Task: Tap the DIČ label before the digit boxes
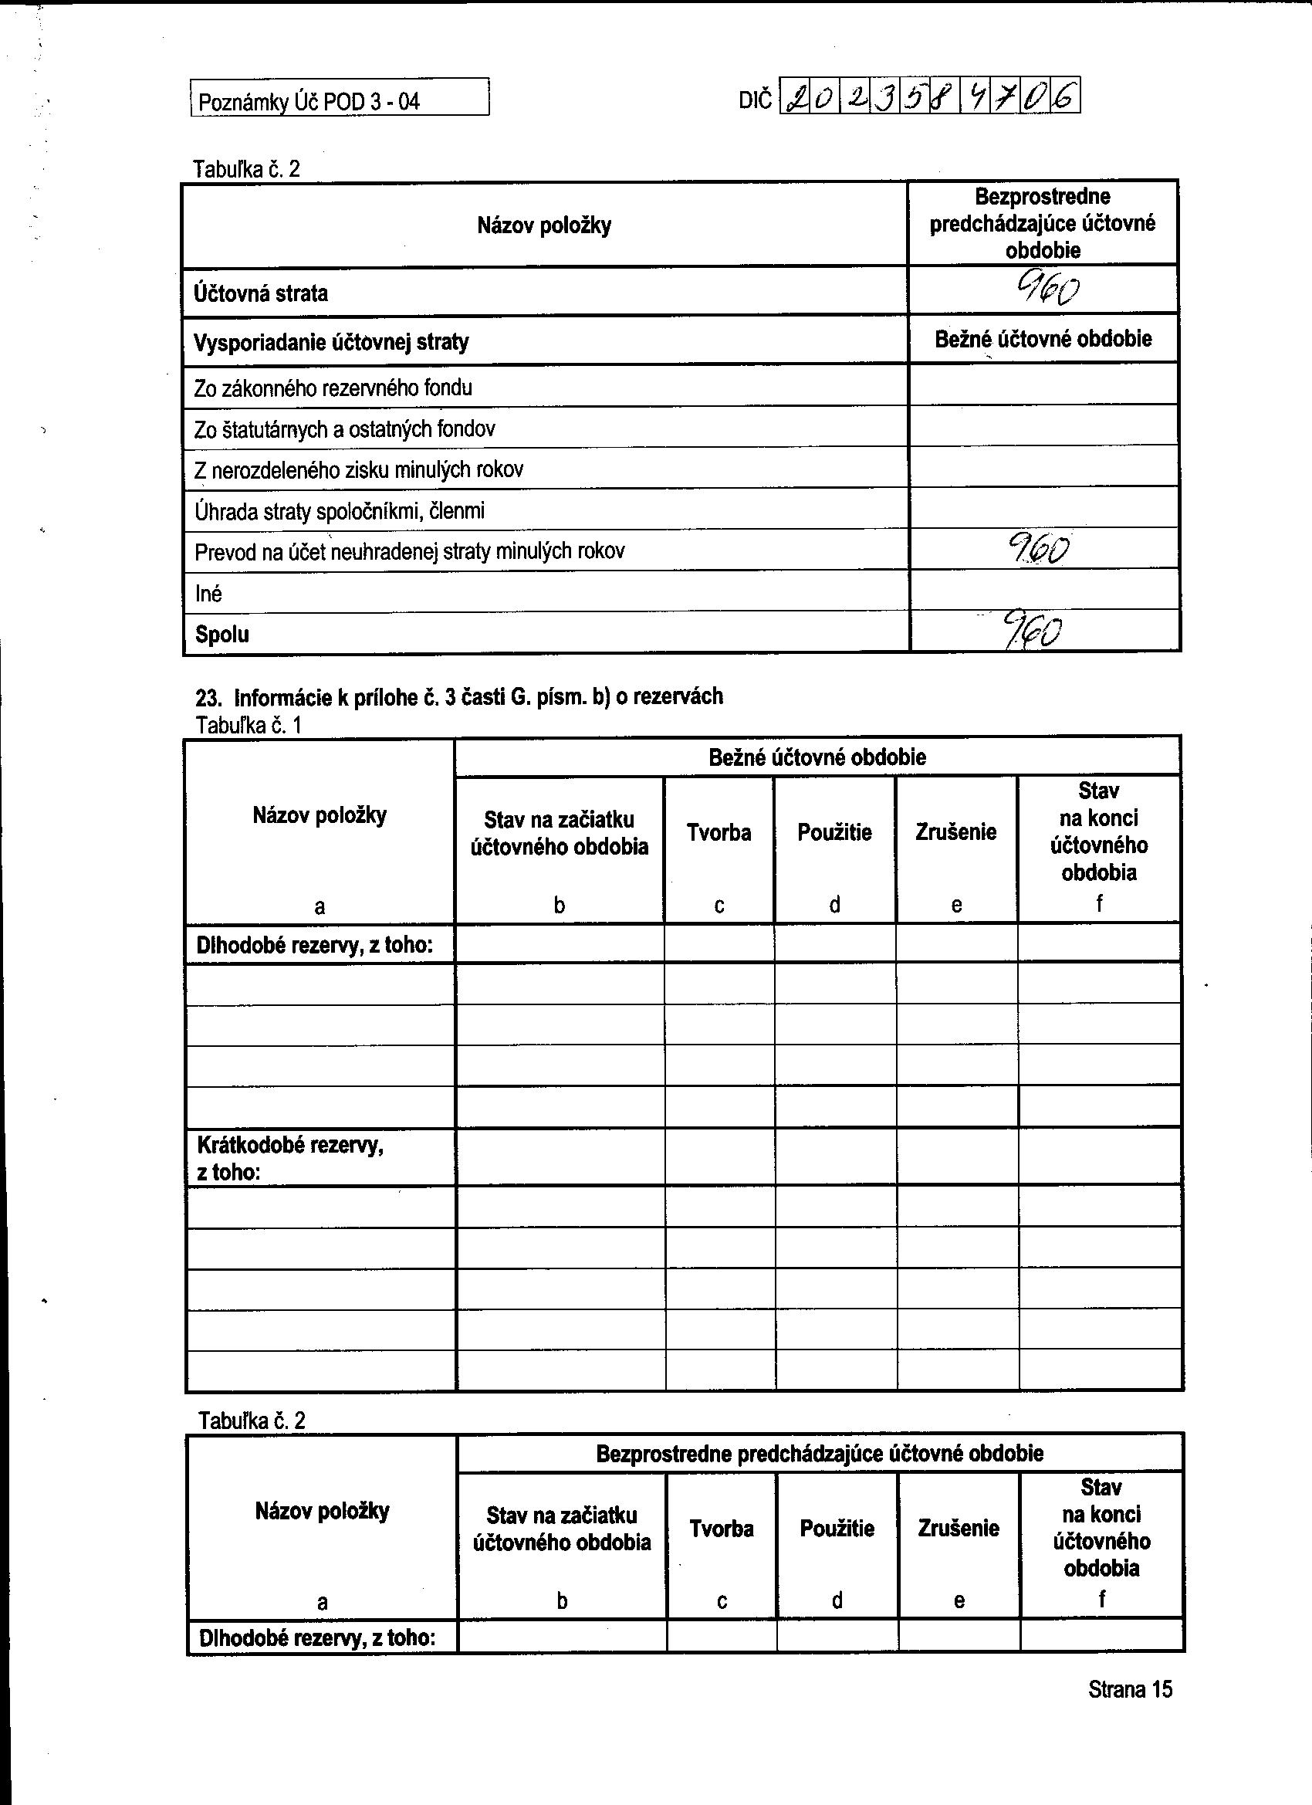(755, 100)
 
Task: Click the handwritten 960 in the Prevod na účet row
(1038, 548)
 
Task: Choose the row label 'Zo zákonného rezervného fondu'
(333, 388)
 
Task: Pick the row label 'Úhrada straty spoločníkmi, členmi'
(339, 511)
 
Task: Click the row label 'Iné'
(208, 594)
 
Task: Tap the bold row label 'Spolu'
(222, 635)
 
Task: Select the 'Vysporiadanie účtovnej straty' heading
(331, 342)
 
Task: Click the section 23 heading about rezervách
(459, 697)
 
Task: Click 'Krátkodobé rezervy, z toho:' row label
(289, 1158)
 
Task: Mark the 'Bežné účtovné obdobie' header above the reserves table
(817, 757)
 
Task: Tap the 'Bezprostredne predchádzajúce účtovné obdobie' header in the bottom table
(820, 1454)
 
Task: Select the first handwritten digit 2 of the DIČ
(795, 99)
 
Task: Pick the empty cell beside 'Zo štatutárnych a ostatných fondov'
(1044, 428)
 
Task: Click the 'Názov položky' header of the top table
(544, 225)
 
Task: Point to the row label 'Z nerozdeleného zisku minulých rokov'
(358, 469)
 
